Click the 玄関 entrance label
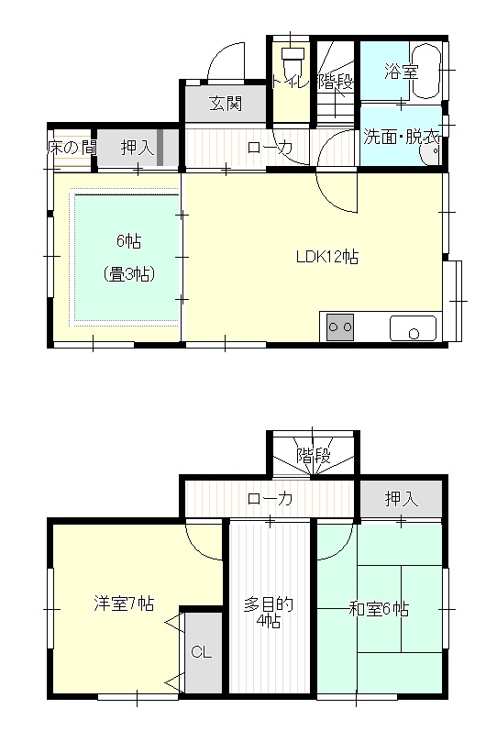tap(226, 104)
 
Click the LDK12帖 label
tap(326, 258)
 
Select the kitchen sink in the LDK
tap(413, 327)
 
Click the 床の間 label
tap(72, 147)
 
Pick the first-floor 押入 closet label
tap(137, 147)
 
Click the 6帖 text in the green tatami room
tap(128, 242)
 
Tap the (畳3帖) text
tap(127, 273)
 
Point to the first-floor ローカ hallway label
tap(270, 147)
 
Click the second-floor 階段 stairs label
tap(313, 454)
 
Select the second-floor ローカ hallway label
tap(270, 499)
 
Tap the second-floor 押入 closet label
tap(401, 499)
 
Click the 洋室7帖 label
tap(123, 604)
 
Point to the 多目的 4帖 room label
tap(269, 612)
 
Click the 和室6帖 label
tap(380, 608)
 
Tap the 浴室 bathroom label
tap(402, 70)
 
